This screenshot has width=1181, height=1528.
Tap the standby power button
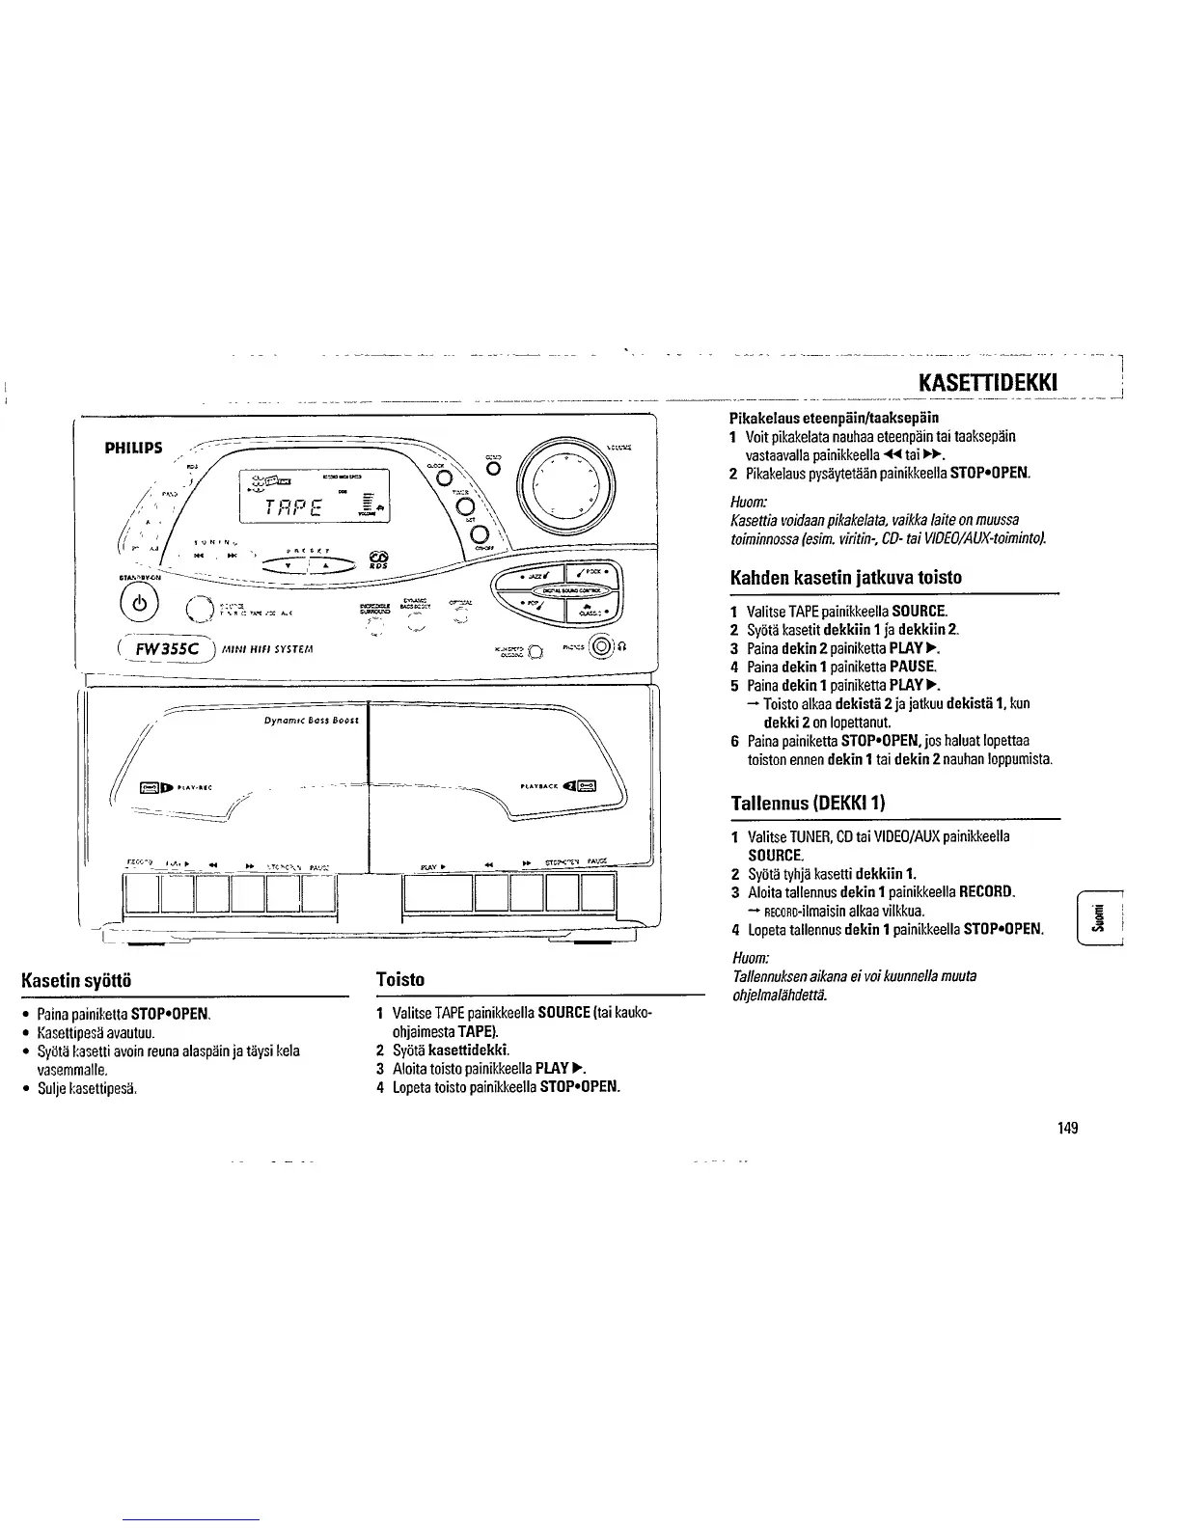(x=134, y=607)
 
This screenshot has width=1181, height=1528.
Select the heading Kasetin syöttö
(x=77, y=980)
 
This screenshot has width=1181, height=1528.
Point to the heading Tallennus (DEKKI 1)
(x=808, y=803)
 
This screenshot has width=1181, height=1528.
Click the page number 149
(x=1066, y=1128)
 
